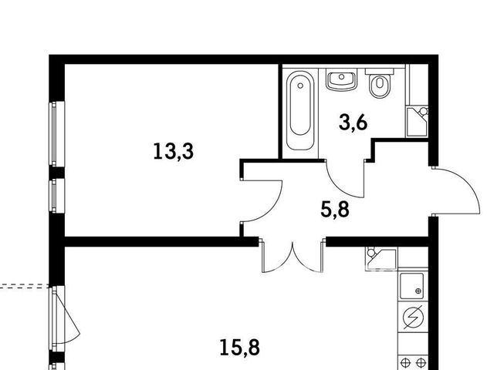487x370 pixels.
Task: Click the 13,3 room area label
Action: click(174, 151)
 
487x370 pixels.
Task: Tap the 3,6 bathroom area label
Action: click(353, 123)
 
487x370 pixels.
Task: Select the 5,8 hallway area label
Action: click(335, 210)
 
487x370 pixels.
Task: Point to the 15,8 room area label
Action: click(239, 348)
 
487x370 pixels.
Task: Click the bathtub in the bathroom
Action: click(300, 111)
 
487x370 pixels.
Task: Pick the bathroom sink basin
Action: click(341, 79)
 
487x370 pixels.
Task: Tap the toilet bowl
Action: click(380, 86)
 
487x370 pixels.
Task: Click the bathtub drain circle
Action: click(300, 86)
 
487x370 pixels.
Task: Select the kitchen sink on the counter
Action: click(411, 286)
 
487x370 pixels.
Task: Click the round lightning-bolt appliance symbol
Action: click(413, 318)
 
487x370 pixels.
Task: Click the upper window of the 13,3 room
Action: click(57, 133)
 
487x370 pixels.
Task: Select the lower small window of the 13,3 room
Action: click(57, 195)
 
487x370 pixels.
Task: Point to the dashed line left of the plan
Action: click(25, 286)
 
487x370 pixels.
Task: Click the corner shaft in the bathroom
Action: click(417, 122)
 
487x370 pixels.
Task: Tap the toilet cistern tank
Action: click(379, 72)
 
